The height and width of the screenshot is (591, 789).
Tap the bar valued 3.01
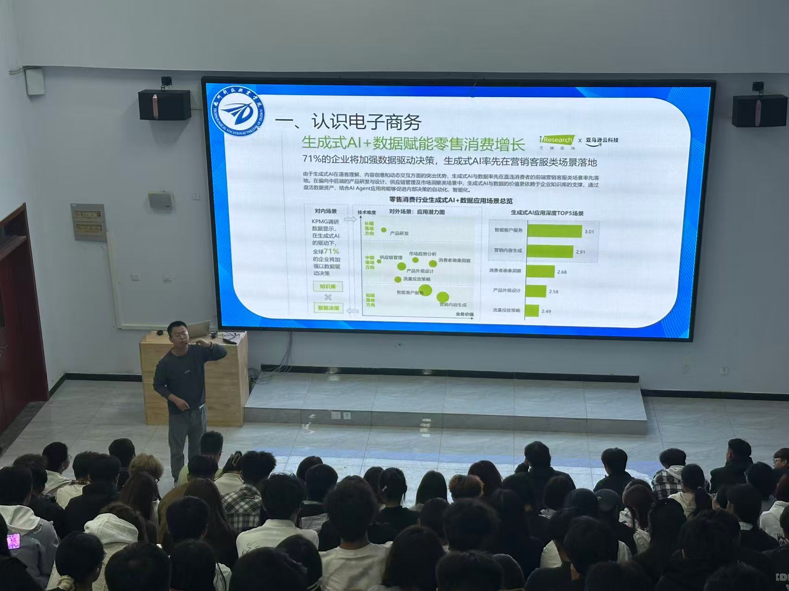(554, 231)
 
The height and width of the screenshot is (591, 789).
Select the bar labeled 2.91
(550, 251)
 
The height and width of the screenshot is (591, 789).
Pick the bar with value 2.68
(541, 271)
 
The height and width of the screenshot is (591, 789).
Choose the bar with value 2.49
(532, 310)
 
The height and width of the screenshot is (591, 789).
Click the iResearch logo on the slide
(557, 140)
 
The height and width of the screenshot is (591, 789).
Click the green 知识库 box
(328, 287)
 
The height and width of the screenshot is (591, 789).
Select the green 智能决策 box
(328, 308)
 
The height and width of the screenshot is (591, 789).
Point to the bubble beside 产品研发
(384, 230)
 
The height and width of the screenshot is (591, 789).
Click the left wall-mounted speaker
(165, 105)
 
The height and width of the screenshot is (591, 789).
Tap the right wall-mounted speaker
(759, 110)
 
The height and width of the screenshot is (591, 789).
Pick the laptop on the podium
(199, 328)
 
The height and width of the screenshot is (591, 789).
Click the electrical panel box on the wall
(88, 222)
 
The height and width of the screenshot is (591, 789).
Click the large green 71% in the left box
(331, 251)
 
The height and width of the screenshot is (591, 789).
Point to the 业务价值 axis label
(464, 314)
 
